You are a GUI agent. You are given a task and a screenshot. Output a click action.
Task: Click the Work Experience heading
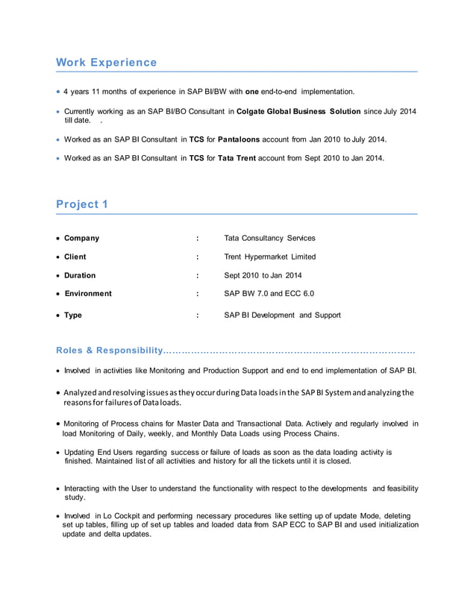[x=106, y=63]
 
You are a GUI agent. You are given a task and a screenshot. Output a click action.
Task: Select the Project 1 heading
[x=82, y=204]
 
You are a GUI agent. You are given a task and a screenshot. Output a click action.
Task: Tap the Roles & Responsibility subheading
[x=109, y=351]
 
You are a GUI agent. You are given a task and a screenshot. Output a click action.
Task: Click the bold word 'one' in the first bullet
[x=252, y=92]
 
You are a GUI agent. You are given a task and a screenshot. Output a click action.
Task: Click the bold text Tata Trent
[x=237, y=158]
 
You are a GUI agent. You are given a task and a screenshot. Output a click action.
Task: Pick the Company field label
[x=81, y=238]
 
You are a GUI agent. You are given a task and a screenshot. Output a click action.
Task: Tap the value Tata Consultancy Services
[x=269, y=238]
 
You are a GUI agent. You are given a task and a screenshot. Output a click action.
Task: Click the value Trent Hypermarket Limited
[x=269, y=257]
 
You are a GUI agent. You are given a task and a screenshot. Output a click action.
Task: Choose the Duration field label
[x=80, y=275]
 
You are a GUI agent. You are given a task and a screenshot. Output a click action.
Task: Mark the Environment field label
[x=87, y=294]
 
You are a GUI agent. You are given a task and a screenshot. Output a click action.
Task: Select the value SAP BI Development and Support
[x=282, y=315]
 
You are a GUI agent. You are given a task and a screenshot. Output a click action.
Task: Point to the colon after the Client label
[x=197, y=257]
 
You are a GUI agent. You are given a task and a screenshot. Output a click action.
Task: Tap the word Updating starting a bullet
[x=79, y=452]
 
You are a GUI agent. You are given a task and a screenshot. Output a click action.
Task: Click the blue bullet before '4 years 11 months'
[x=58, y=92]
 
